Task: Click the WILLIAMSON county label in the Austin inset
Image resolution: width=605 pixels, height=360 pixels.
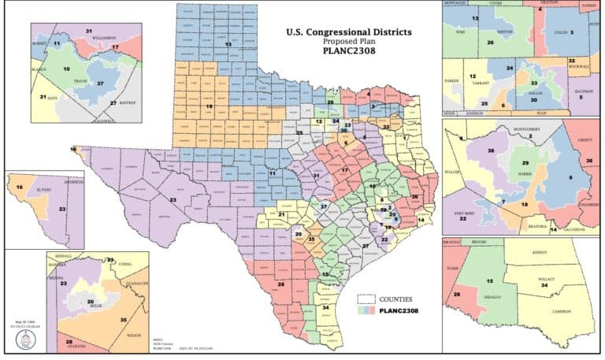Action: click(100, 38)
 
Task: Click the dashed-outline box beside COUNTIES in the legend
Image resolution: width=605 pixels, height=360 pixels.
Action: click(366, 299)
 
